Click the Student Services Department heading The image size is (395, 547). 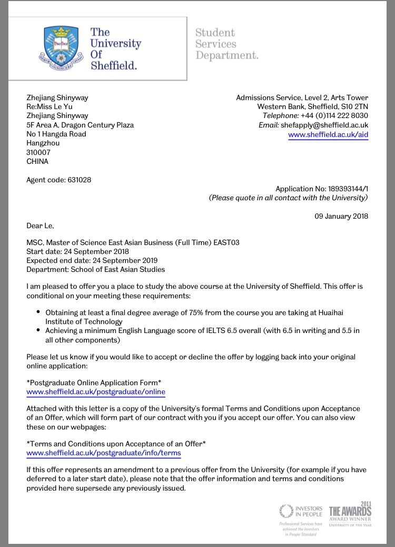pos(227,44)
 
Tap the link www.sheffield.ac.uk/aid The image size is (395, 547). pos(328,134)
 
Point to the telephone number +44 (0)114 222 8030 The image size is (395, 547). pos(334,115)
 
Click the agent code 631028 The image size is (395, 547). pos(79,180)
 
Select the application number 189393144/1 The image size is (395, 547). pos(342,189)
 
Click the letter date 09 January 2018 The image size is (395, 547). pos(341,216)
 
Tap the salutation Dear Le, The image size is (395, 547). pos(40,226)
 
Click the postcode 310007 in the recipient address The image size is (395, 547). pos(37,152)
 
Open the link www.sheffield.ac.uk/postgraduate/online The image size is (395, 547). pos(96,392)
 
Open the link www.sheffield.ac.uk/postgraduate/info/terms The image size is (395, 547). pos(104,453)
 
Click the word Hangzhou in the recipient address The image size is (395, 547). pos(43,143)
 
